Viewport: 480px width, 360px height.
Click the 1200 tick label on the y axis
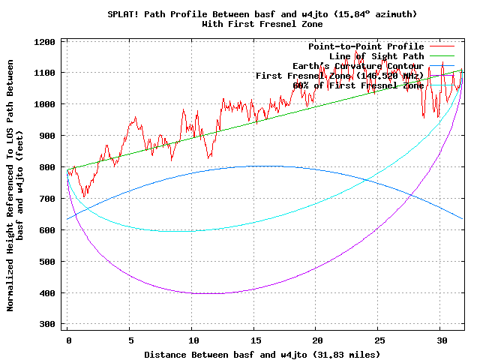pos(46,41)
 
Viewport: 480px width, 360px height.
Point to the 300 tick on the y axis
pos(49,324)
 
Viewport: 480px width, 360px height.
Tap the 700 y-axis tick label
pos(49,199)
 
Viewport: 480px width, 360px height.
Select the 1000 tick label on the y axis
pos(46,104)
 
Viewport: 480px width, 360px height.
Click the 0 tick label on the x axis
pos(67,340)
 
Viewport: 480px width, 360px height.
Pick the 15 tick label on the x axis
pos(254,340)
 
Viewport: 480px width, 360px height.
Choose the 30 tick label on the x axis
pos(441,340)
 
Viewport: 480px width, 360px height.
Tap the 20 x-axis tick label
pos(316,340)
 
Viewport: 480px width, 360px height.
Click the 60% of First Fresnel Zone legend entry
pos(358,85)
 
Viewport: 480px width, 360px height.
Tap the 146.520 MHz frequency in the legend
pos(395,76)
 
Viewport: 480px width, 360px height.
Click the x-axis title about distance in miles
pos(262,354)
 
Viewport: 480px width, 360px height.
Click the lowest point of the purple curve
pos(196,293)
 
